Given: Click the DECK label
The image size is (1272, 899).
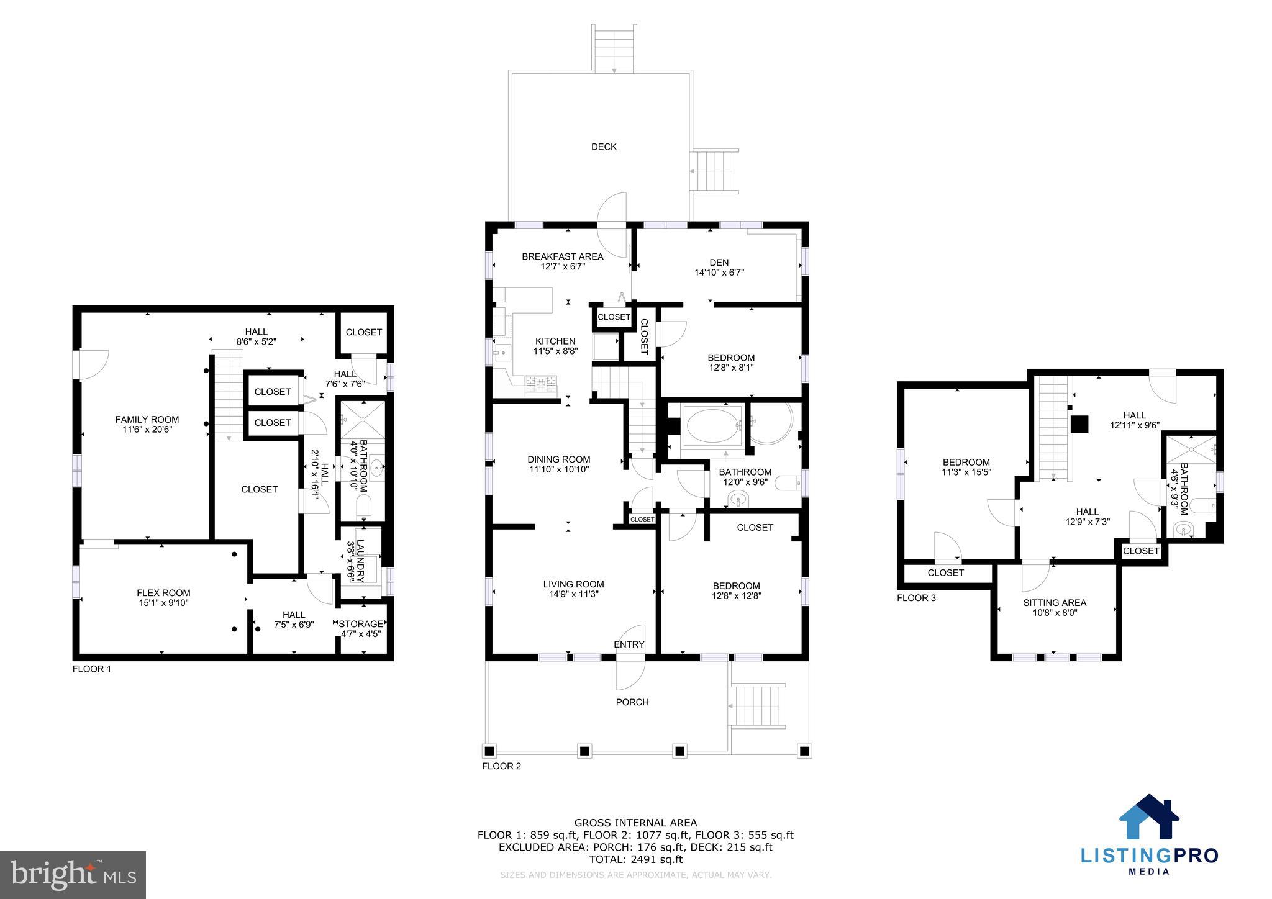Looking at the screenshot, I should pos(604,147).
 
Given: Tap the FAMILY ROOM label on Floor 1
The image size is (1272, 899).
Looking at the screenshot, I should pos(147,420).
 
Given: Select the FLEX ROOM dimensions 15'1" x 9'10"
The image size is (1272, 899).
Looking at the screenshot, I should pos(163,603).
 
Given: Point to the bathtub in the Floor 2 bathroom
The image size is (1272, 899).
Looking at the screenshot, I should pos(713,425).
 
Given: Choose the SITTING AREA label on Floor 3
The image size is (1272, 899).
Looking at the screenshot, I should pos(1055,602).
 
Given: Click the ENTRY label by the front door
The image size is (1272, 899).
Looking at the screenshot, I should pos(629,644).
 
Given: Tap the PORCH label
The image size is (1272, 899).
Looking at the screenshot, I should pos(632,702).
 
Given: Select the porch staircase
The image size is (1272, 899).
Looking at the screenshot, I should pos(757,706).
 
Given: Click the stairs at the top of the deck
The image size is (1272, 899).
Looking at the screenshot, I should pos(614,49).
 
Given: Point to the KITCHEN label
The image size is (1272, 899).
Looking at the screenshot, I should pos(555,341).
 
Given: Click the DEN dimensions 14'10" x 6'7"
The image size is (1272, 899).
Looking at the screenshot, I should pos(719,272).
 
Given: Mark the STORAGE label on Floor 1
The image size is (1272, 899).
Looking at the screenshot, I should pos(361,624).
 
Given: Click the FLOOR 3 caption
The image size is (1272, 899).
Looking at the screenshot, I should pos(916,598).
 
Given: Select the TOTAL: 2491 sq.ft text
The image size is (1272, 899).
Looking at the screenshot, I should pos(635,859).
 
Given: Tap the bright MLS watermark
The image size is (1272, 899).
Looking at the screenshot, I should pos(73,875).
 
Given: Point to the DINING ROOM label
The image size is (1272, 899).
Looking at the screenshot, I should pos(558,459).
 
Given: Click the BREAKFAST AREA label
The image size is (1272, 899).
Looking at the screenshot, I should pos(562,256).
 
